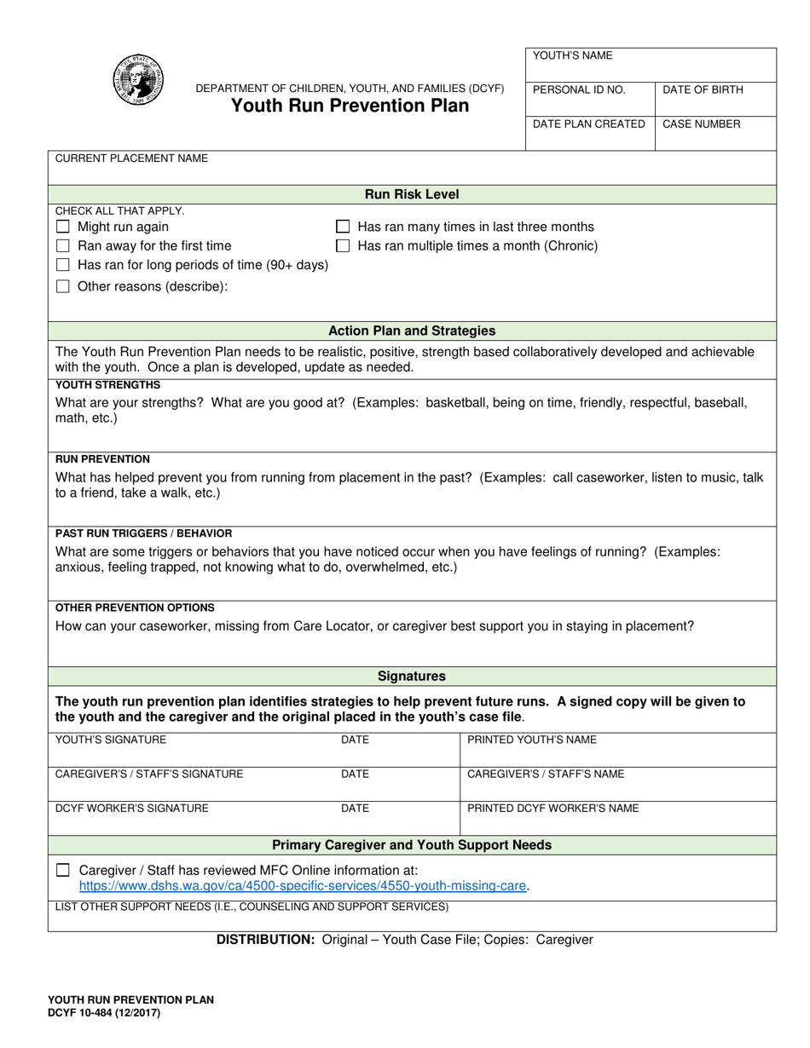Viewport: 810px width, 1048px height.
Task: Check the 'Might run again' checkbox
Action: (x=62, y=227)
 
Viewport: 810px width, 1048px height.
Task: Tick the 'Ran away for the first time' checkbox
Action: (x=62, y=246)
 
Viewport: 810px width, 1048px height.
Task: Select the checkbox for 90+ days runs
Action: (x=62, y=265)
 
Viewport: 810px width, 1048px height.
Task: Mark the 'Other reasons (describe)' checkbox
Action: (x=62, y=286)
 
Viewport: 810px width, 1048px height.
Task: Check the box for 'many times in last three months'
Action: (x=343, y=227)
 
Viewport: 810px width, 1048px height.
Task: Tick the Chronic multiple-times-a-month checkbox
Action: (x=343, y=246)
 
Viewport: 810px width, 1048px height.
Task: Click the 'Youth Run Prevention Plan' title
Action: (x=350, y=106)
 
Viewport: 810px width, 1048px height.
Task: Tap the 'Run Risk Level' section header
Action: (x=412, y=194)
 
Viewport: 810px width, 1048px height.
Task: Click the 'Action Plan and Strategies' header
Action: (x=412, y=331)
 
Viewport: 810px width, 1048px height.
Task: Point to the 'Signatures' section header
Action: (x=412, y=677)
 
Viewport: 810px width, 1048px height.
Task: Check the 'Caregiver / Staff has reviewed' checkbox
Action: (x=62, y=871)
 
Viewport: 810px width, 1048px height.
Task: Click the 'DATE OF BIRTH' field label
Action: (x=703, y=89)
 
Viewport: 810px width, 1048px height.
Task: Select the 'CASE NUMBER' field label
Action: (x=701, y=124)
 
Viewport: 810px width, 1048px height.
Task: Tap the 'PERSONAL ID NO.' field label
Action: (x=579, y=89)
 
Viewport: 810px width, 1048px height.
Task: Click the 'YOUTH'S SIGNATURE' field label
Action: (x=111, y=740)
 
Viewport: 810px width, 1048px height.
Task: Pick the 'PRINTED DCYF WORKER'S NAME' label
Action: (x=553, y=809)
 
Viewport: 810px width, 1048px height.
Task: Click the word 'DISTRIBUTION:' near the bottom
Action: (x=266, y=940)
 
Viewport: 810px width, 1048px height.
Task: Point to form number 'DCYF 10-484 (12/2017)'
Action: (x=103, y=1013)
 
